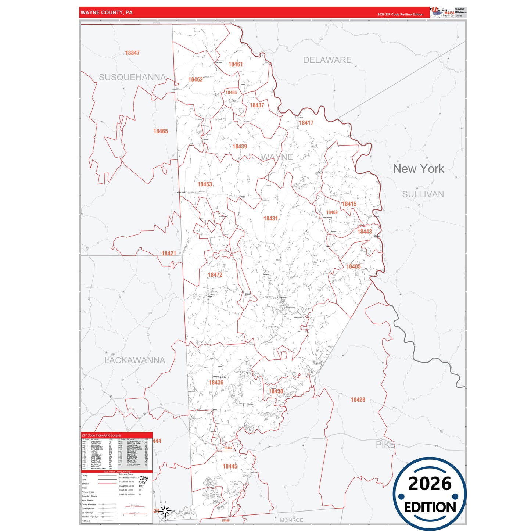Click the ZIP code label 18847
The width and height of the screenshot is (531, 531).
pos(132,53)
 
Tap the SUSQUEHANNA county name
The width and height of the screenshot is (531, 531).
pos(132,77)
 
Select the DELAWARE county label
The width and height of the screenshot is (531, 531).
pos(327,60)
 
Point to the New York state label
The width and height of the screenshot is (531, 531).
pos(419,169)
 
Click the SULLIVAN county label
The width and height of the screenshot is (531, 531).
pos(423,194)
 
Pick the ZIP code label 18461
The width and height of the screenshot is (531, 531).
pos(236,64)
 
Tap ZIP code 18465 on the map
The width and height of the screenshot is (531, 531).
pos(161,131)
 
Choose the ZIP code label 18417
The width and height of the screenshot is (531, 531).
pos(306,123)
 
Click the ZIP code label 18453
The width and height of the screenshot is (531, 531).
pos(205,184)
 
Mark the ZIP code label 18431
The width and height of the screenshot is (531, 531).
pos(270,219)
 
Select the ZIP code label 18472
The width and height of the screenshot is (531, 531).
pos(215,275)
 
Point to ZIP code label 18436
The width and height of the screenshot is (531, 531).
pos(216,383)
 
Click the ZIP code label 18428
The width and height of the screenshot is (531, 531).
pos(358,400)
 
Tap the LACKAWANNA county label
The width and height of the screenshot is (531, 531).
pos(135,360)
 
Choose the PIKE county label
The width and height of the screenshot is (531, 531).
pos(385,445)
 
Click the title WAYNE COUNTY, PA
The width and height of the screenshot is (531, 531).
pos(107,12)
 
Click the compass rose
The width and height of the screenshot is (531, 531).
pos(165,511)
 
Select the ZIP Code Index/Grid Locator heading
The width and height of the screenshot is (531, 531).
pos(101,435)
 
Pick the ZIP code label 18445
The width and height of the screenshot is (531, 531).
pos(230,466)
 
